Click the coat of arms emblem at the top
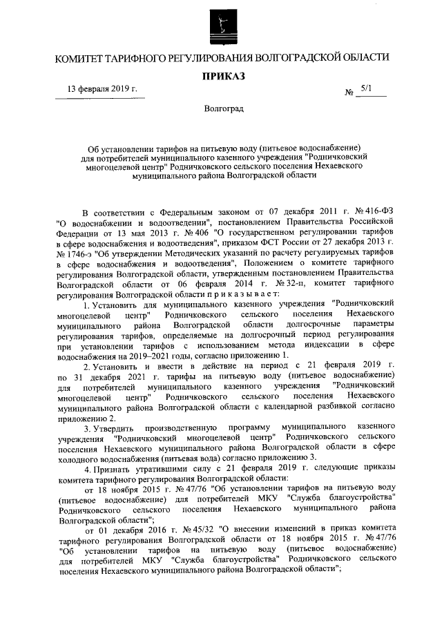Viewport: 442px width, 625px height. [x=222, y=26]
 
